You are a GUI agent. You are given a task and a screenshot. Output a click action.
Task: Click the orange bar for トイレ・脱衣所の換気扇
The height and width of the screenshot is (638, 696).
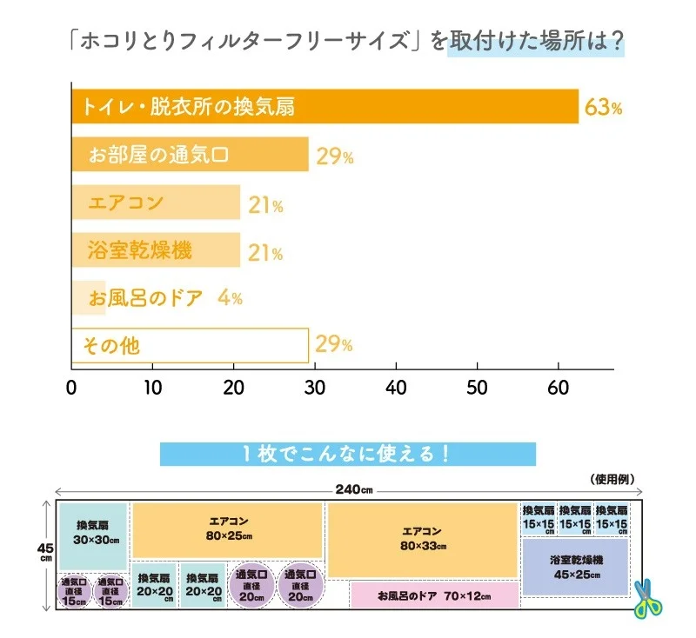324,107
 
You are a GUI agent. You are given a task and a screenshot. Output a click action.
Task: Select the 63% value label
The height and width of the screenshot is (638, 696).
603,108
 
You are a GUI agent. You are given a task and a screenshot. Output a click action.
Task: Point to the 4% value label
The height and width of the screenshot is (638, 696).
230,298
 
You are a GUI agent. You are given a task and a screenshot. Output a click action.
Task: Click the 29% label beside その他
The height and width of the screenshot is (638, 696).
333,345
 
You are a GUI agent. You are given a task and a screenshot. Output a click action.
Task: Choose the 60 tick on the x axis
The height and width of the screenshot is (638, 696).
559,387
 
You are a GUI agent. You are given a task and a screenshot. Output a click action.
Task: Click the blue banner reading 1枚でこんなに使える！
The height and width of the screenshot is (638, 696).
348,454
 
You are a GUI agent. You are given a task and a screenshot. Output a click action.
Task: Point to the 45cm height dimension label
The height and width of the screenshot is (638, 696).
44,553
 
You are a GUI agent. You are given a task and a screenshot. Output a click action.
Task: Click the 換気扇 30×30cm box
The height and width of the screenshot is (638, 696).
94,533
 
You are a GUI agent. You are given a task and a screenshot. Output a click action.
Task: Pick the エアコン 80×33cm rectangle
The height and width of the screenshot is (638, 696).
423,539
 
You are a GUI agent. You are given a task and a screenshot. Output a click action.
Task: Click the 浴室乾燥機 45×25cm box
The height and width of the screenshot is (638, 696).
575,568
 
